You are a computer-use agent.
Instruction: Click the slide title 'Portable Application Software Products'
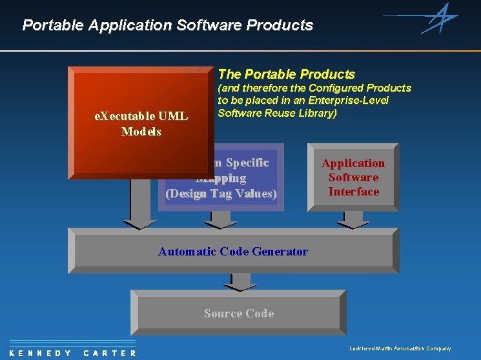coord(167,25)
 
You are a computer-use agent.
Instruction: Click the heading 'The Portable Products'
coord(287,74)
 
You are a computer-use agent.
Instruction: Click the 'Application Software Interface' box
coord(353,177)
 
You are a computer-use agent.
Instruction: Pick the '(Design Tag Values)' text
coord(221,194)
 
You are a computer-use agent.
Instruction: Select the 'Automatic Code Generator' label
coord(233,252)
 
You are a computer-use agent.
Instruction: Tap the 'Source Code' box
coord(239,314)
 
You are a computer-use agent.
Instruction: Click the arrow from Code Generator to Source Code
coord(240,281)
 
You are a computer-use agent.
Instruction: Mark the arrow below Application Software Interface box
coord(353,219)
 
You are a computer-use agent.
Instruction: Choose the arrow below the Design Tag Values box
coord(221,219)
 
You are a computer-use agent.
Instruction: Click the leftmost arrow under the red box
coord(140,203)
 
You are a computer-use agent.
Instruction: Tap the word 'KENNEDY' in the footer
coord(41,353)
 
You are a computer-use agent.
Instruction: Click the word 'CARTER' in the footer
coord(110,353)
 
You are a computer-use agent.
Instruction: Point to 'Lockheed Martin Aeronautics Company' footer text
coord(400,348)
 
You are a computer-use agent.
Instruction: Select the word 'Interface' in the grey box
coord(353,192)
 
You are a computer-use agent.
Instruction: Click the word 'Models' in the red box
coord(141,132)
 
